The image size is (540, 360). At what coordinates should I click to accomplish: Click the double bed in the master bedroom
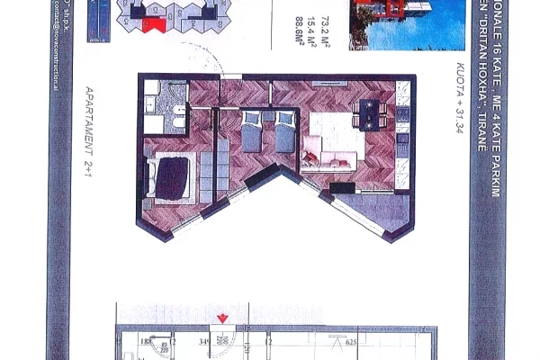point(172,175)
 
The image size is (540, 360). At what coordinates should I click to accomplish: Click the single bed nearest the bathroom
point(251,132)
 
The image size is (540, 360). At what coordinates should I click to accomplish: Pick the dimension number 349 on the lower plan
point(204,341)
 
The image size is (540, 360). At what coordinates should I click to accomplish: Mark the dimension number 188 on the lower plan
point(143,341)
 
